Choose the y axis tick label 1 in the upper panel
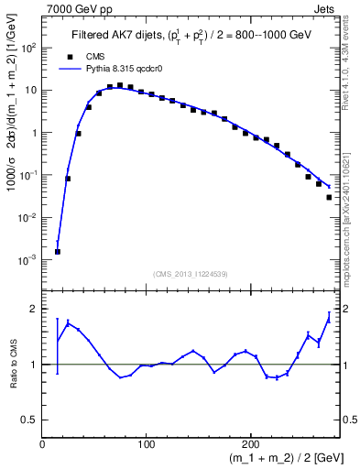pyautogui.click(x=35, y=133)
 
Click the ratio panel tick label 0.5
pyautogui.click(x=30, y=420)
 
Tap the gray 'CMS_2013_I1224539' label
pyautogui.click(x=191, y=274)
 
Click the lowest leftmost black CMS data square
pyautogui.click(x=57, y=251)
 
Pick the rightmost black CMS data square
pyautogui.click(x=329, y=197)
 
